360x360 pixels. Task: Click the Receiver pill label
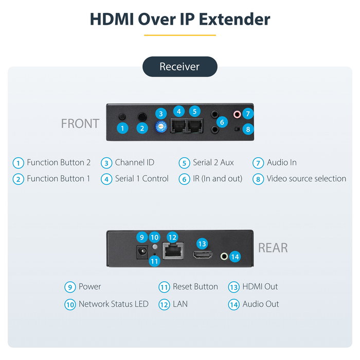tap(180, 66)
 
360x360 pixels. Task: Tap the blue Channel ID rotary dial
tap(161, 127)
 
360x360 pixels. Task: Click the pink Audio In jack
tap(237, 114)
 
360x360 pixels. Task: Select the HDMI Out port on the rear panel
tap(202, 255)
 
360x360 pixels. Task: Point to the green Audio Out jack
tap(224, 256)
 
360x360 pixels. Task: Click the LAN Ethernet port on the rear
tap(173, 251)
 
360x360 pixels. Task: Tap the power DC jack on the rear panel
tap(142, 252)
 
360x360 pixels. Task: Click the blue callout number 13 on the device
tap(202, 244)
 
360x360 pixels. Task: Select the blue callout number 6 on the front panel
tap(222, 122)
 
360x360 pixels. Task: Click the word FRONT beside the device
tap(80, 123)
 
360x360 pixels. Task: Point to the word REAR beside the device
tap(273, 248)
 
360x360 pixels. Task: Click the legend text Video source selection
tap(307, 178)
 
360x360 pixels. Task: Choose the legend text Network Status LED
tap(114, 304)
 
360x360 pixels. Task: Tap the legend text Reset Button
tap(195, 286)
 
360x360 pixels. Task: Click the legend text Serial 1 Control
tap(142, 178)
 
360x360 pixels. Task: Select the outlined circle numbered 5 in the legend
tap(184, 163)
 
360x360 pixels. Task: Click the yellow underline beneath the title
tap(180, 35)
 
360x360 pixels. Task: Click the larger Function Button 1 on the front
tap(142, 117)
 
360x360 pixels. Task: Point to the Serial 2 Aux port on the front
tap(195, 125)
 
